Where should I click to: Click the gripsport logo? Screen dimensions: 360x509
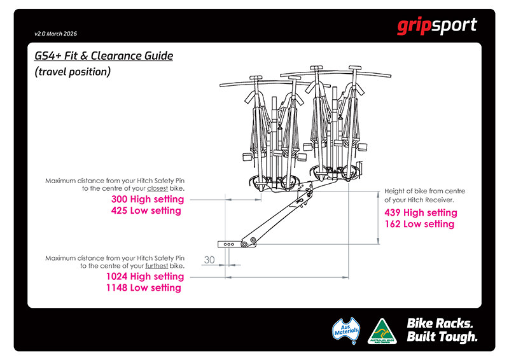click(436, 27)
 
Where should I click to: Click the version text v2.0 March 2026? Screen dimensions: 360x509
click(60, 33)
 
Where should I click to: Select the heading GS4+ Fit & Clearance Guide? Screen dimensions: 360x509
click(104, 56)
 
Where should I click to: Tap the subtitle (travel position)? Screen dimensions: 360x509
click(73, 72)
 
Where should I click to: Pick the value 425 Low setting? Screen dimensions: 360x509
click(146, 211)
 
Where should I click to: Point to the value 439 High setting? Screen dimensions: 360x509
click(421, 212)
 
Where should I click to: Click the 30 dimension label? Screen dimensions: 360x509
click(209, 259)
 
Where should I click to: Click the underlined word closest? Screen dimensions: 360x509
click(158, 189)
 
